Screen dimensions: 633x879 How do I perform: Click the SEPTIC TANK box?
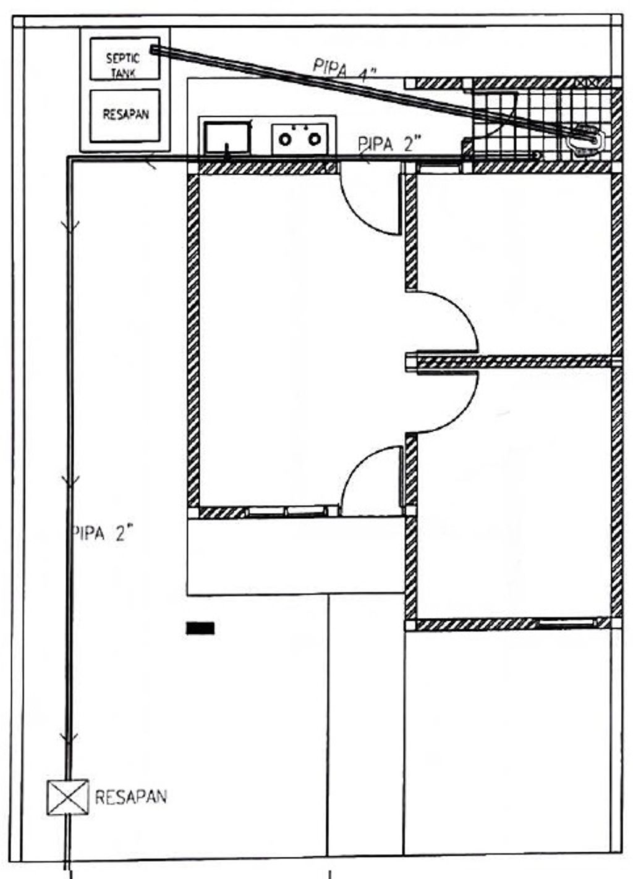pyautogui.click(x=125, y=59)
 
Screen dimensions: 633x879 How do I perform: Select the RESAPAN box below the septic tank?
pyautogui.click(x=125, y=116)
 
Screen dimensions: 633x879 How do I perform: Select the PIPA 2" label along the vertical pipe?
pyautogui.click(x=104, y=534)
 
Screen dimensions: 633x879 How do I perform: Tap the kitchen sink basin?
pyautogui.click(x=227, y=138)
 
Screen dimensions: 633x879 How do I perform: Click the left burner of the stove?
pyautogui.click(x=285, y=140)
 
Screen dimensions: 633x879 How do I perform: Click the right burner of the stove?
pyautogui.click(x=314, y=140)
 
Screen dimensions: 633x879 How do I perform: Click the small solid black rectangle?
pyautogui.click(x=200, y=628)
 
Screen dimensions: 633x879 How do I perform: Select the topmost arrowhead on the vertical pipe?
pyautogui.click(x=70, y=227)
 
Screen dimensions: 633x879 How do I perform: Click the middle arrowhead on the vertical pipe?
pyautogui.click(x=70, y=482)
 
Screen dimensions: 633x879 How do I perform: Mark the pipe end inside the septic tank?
pyautogui.click(x=153, y=49)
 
